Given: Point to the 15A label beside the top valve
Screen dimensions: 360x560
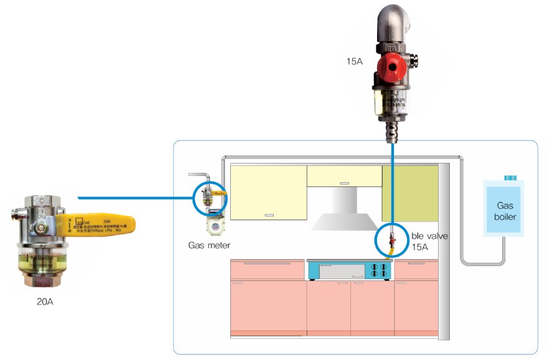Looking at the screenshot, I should [x=356, y=62].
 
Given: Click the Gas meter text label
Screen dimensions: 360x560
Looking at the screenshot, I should [x=210, y=245].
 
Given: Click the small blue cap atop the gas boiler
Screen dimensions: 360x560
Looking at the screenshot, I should [x=511, y=177].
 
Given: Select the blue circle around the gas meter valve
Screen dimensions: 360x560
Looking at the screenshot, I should [x=210, y=198].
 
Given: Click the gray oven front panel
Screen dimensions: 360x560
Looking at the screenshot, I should [x=343, y=270].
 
